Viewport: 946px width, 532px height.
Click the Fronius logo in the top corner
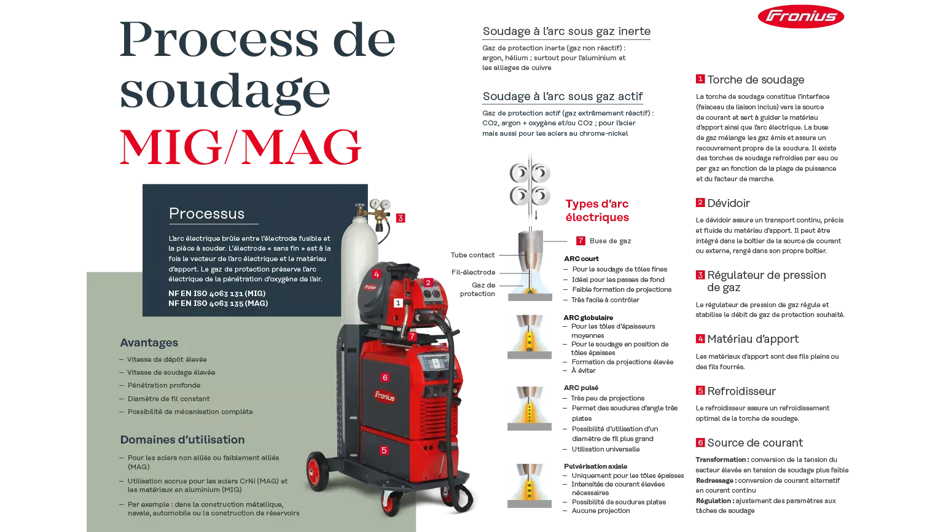click(x=801, y=17)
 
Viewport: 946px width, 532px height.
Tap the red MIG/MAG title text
click(x=241, y=147)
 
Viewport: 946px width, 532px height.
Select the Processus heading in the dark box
click(x=206, y=214)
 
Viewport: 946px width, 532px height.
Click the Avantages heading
click(x=149, y=342)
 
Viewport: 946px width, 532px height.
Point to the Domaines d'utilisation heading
click(x=182, y=439)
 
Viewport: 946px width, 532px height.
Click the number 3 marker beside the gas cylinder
click(x=401, y=218)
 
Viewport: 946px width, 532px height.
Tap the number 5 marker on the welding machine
click(x=384, y=450)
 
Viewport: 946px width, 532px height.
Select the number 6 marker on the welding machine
click(x=385, y=377)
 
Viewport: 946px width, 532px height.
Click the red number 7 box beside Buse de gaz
click(x=580, y=241)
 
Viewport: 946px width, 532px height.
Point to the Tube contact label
click(x=472, y=255)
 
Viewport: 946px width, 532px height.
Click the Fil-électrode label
click(x=474, y=272)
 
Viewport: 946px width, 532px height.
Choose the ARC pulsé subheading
click(x=581, y=388)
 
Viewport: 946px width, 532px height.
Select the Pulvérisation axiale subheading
click(x=595, y=466)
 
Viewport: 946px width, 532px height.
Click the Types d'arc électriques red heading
click(x=597, y=210)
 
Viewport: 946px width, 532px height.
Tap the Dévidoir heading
click(x=729, y=203)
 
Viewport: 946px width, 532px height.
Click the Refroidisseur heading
click(x=741, y=391)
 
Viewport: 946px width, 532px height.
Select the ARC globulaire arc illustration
click(x=530, y=337)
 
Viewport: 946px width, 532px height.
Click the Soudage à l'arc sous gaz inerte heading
click(x=566, y=31)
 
